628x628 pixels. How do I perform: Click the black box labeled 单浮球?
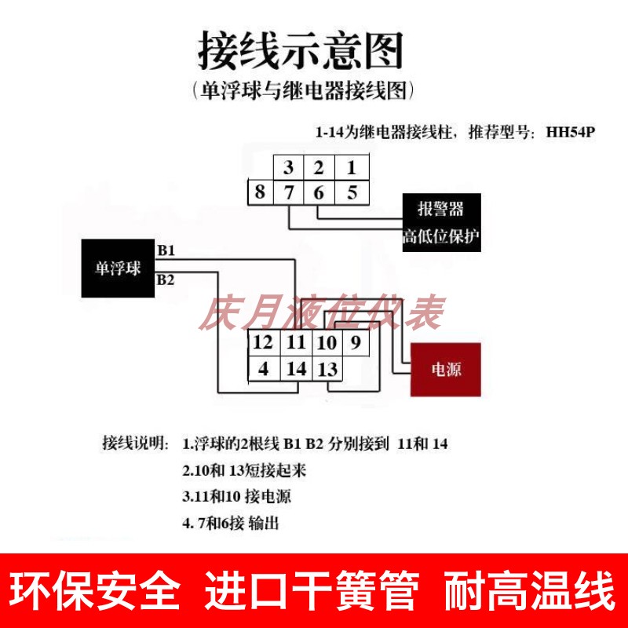pos(118,268)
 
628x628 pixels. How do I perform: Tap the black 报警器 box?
pos(440,208)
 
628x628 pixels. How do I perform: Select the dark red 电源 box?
pos(446,370)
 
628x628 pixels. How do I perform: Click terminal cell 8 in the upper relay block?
pos(260,192)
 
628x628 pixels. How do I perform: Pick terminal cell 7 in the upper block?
pos(289,192)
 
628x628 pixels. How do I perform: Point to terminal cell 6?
pos(319,192)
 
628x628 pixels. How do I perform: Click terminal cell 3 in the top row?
pos(289,167)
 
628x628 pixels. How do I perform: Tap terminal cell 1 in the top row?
pos(352,167)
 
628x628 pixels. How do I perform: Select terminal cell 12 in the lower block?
pos(264,342)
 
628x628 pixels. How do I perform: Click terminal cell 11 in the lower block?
pos(296,342)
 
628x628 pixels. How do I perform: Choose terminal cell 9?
pos(355,342)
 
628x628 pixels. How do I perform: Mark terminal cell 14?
pos(296,367)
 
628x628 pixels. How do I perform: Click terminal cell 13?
pos(327,367)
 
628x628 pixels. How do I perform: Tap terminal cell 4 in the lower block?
pos(264,367)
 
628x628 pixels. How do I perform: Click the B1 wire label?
pos(166,250)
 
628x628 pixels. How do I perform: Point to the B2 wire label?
pos(166,279)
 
